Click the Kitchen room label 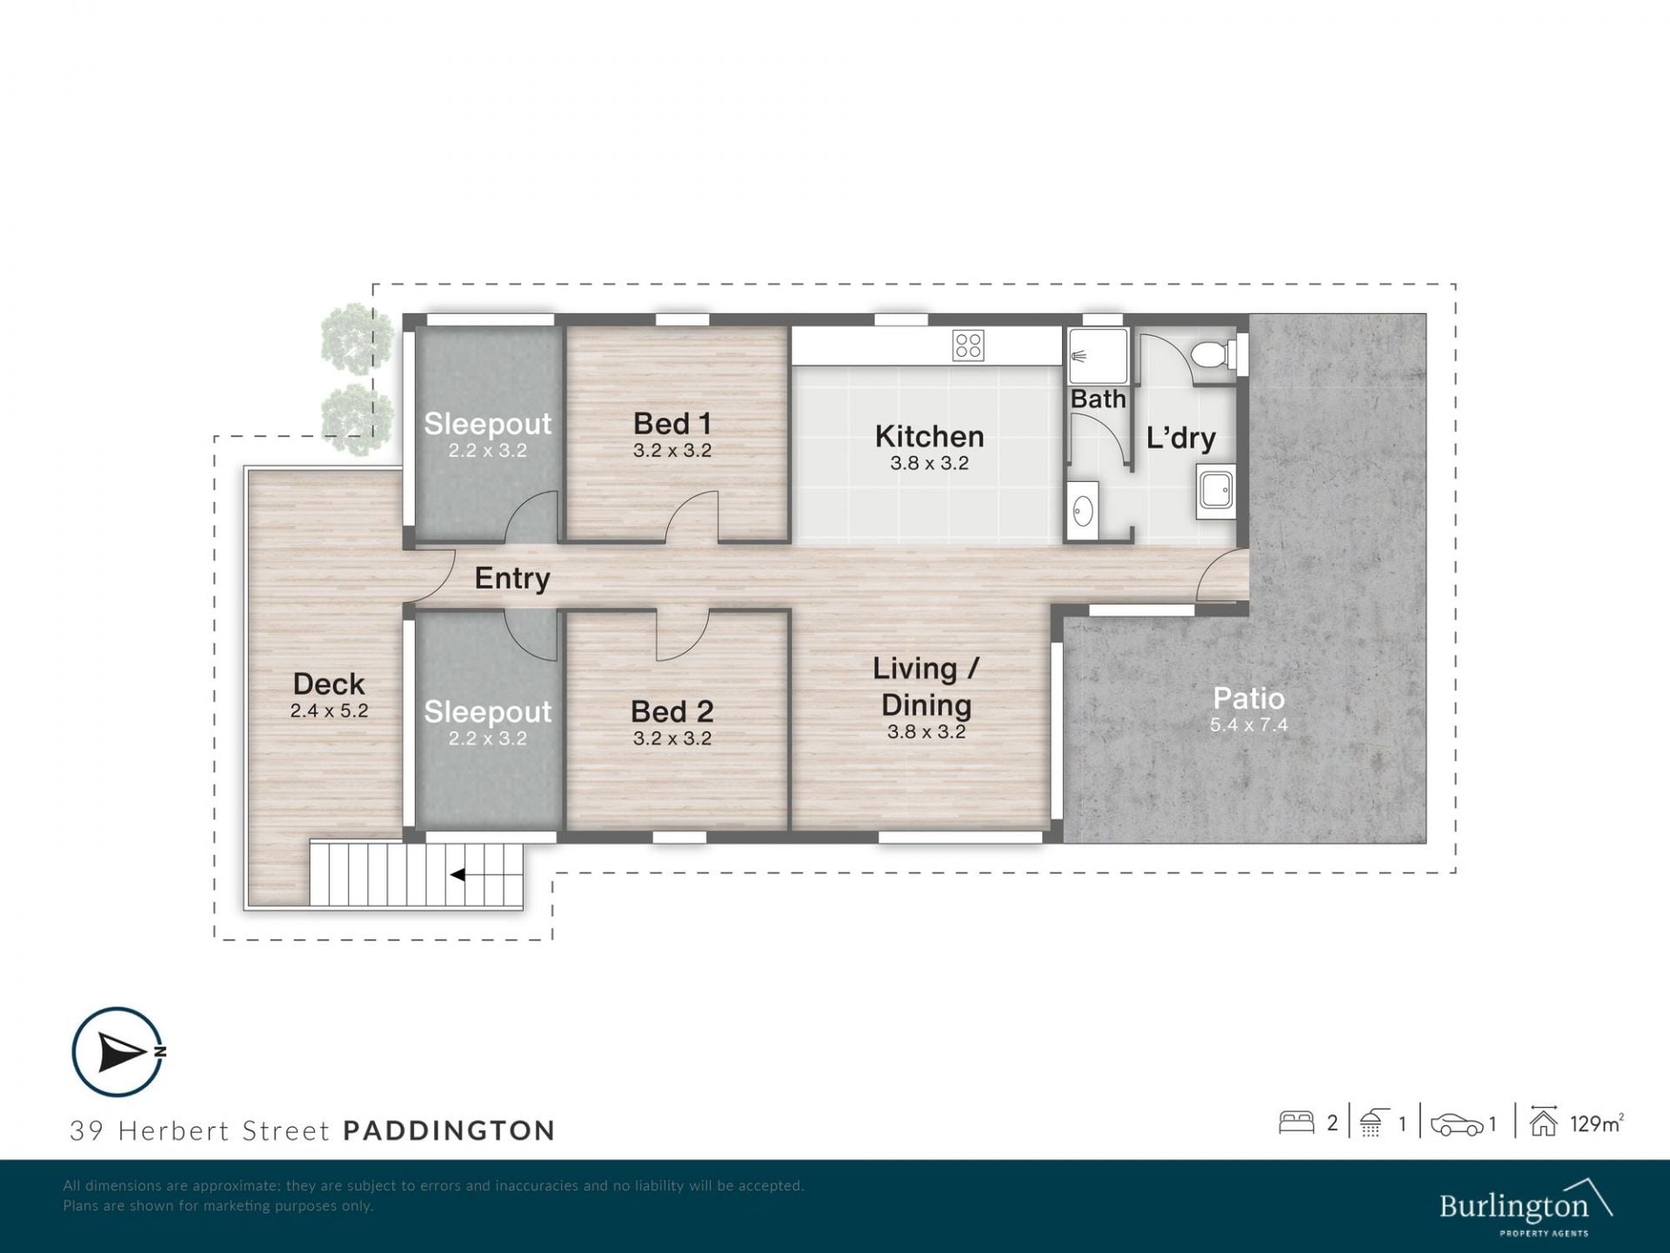[x=929, y=436]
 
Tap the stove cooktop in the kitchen [x=967, y=345]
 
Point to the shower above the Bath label [x=1098, y=356]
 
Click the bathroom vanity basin [x=1082, y=511]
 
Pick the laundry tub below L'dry [x=1216, y=492]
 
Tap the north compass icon [x=117, y=1052]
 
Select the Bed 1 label [x=672, y=424]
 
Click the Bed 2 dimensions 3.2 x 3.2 [x=672, y=739]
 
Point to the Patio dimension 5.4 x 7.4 [x=1249, y=725]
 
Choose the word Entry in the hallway [x=512, y=579]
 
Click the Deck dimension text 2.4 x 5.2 [x=329, y=711]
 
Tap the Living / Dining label [x=926, y=687]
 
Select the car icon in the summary [x=1457, y=1124]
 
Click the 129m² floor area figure [x=1597, y=1123]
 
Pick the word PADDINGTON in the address [x=449, y=1130]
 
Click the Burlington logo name [x=1514, y=1207]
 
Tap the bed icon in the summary [x=1296, y=1122]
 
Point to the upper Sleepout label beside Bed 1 [x=487, y=424]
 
